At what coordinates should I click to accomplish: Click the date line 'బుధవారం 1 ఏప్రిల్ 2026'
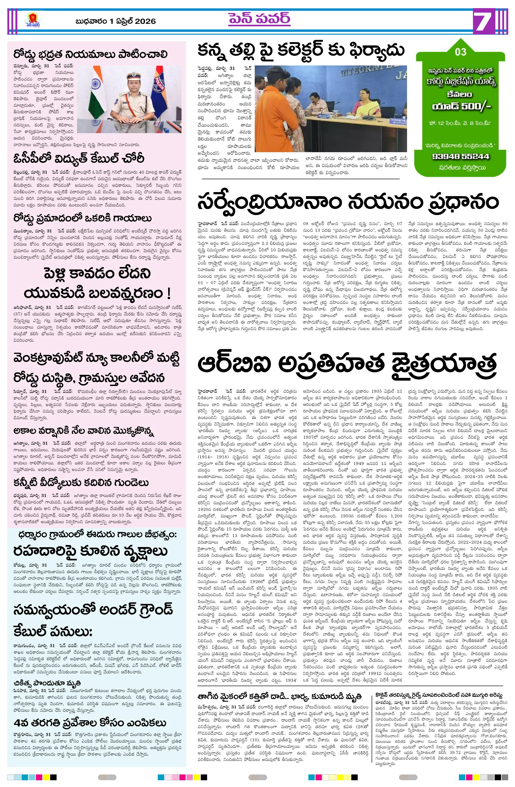click(x=115, y=21)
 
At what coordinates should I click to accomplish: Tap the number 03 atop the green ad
click(x=460, y=52)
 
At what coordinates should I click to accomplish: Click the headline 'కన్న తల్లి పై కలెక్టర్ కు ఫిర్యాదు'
click(x=301, y=50)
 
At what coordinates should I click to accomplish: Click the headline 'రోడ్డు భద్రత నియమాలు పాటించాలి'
click(x=90, y=54)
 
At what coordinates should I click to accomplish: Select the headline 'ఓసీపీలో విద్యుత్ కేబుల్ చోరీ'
click(x=79, y=159)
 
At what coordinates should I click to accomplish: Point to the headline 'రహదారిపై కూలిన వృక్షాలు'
click(x=90, y=551)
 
